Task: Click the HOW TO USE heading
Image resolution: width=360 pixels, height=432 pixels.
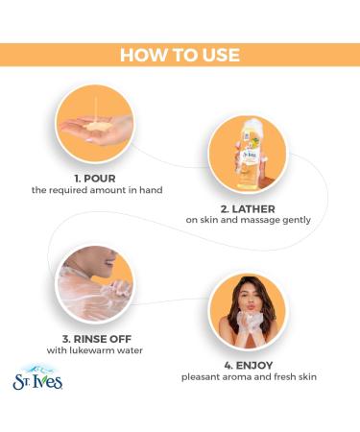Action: point(180,55)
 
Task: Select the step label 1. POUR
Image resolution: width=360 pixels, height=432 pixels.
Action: point(95,179)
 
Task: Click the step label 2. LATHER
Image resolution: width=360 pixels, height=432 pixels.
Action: point(248,209)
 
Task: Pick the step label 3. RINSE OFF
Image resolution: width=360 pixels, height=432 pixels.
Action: point(97,339)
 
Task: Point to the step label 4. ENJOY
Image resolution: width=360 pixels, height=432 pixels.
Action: point(249,365)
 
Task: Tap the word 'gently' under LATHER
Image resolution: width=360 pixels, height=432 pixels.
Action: point(297,220)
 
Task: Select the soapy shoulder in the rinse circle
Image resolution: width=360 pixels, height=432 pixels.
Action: point(84,293)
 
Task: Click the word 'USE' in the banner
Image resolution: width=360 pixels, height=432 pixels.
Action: point(220,55)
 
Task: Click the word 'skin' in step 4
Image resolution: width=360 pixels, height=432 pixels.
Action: point(307,377)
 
